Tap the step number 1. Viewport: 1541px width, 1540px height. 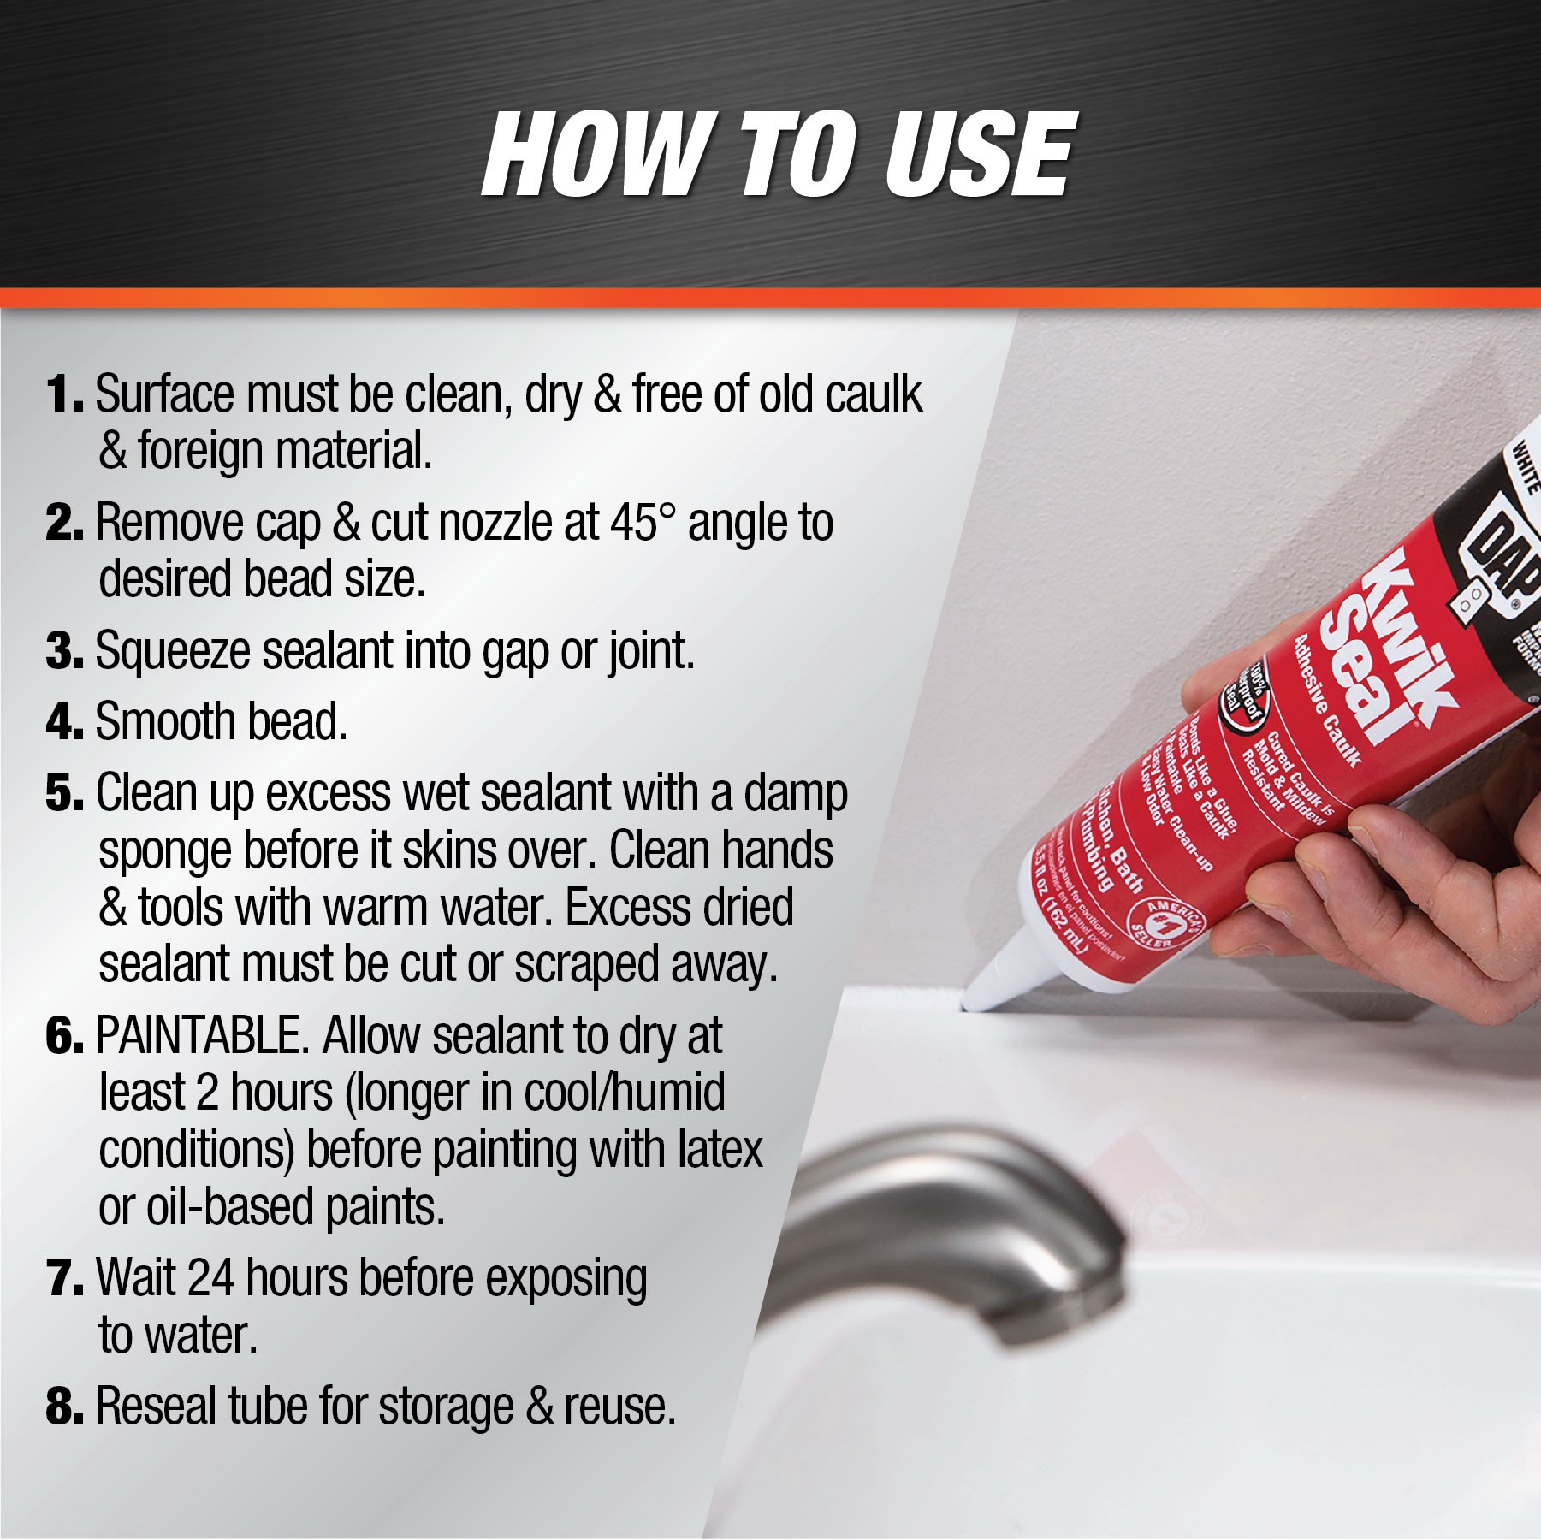tap(62, 395)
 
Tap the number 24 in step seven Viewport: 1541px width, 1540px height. tap(210, 1278)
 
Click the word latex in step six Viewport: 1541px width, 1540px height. tap(719, 1151)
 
